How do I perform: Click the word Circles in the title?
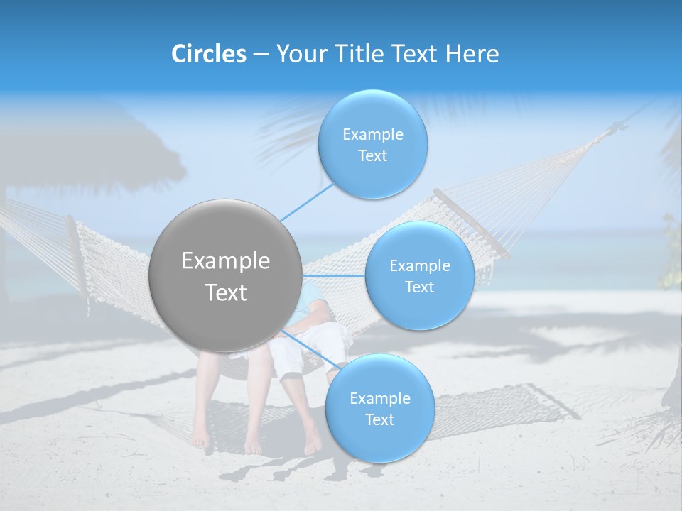[209, 54]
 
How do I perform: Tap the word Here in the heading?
[472, 54]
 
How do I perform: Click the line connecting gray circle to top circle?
[307, 202]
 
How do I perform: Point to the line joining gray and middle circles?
[334, 275]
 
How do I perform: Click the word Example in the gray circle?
[225, 261]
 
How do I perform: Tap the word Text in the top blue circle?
[372, 155]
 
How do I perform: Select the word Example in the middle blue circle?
[419, 265]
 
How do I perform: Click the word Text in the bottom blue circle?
[379, 419]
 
